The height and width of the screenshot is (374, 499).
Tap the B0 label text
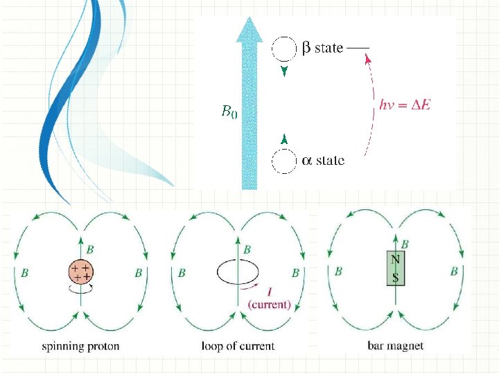click(x=229, y=111)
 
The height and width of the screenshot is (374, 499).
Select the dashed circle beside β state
click(x=283, y=48)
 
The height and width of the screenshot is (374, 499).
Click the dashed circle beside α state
click(x=283, y=161)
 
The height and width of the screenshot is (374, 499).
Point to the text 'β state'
click(x=322, y=48)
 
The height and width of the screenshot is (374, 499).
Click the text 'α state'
click(x=323, y=161)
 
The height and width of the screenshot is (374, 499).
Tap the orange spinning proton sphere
click(x=82, y=271)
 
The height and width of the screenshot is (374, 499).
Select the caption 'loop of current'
click(x=238, y=346)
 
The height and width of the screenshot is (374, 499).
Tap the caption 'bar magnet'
click(x=396, y=346)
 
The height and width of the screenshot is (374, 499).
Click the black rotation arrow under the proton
click(x=82, y=291)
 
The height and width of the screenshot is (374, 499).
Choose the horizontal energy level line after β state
click(x=358, y=48)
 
